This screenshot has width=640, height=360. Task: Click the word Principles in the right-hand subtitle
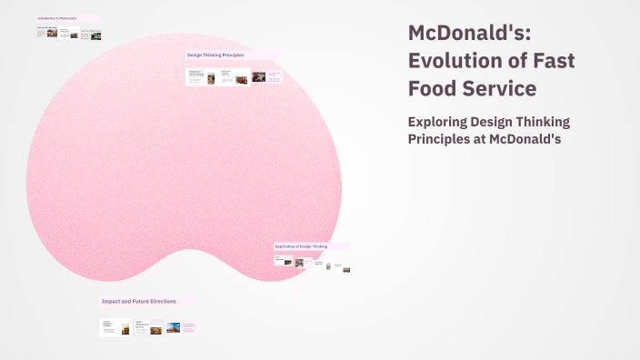point(446,138)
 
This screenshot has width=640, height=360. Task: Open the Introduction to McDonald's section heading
point(57,18)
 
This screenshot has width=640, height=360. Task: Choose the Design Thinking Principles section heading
point(216,55)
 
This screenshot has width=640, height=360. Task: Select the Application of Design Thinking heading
point(301,246)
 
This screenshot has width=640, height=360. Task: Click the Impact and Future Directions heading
point(133,301)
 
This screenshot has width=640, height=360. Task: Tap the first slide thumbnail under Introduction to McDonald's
point(47,32)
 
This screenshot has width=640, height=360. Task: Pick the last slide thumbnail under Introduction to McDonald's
point(91,35)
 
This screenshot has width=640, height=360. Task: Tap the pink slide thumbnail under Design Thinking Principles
point(274,77)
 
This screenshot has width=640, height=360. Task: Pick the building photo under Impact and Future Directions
point(172,329)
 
